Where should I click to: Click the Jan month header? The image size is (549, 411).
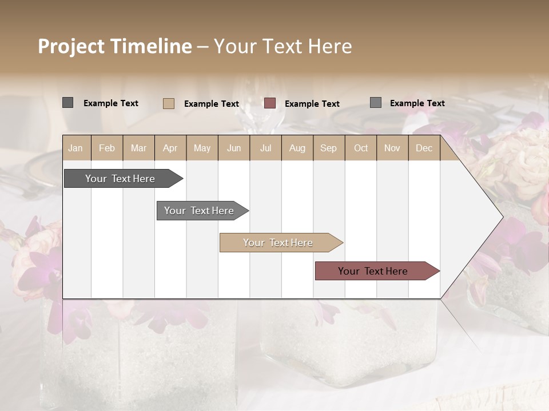(x=76, y=148)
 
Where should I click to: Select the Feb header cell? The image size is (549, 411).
(x=107, y=148)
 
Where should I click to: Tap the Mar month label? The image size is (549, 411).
(x=138, y=148)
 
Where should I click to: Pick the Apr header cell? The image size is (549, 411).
(x=170, y=148)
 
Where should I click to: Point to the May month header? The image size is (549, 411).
(x=202, y=148)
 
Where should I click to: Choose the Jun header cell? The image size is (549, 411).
(x=234, y=148)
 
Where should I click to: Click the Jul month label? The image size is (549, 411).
(x=265, y=148)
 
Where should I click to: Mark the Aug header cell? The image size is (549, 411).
(x=297, y=148)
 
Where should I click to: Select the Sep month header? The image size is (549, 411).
(x=329, y=148)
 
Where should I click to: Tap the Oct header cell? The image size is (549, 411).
(x=361, y=148)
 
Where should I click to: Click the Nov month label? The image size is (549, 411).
(x=392, y=148)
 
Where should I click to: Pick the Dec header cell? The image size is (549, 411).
(x=424, y=148)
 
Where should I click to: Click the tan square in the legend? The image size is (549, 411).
(x=169, y=103)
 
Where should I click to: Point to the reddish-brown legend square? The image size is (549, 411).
(x=270, y=103)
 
